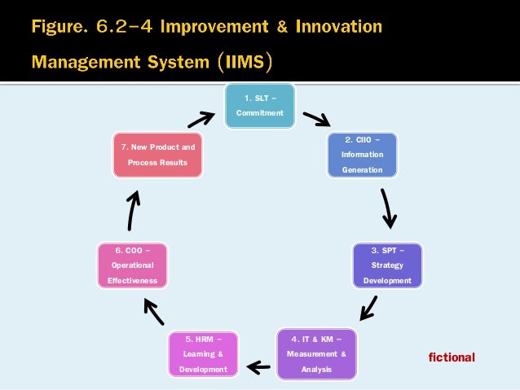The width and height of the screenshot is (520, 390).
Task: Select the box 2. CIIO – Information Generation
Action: [x=362, y=155]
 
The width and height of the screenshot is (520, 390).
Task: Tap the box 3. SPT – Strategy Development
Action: [x=387, y=265]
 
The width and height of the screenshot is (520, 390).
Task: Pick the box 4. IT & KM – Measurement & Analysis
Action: [x=316, y=354]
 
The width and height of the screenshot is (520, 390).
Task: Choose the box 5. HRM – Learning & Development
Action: [x=204, y=354]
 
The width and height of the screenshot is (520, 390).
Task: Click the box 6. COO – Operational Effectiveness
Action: [x=131, y=265]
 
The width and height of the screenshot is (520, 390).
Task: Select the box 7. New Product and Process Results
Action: [x=158, y=155]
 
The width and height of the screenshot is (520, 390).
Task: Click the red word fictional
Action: [x=452, y=357]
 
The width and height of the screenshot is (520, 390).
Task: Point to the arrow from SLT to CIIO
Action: [x=316, y=120]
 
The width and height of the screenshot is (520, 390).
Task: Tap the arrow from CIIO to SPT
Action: [x=389, y=209]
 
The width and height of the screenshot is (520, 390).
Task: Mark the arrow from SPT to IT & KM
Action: [x=368, y=309]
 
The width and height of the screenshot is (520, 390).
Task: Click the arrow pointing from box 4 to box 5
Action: [x=258, y=367]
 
